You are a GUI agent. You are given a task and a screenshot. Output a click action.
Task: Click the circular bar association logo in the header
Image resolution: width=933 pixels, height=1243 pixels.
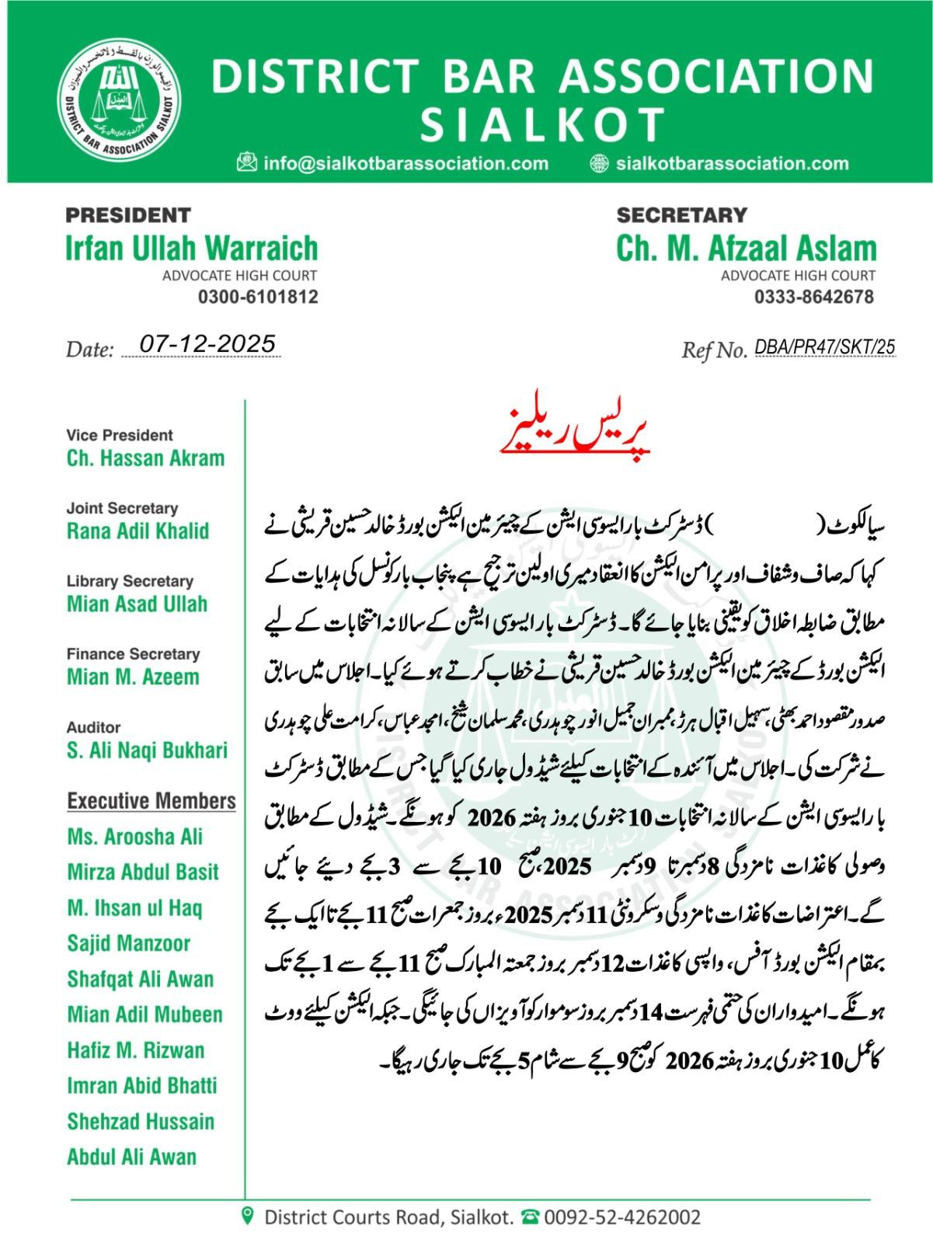point(118,101)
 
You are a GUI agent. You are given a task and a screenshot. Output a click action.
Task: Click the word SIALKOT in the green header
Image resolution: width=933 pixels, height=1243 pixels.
point(543,124)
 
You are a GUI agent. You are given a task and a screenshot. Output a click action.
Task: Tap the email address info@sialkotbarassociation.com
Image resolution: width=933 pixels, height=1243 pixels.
point(406,164)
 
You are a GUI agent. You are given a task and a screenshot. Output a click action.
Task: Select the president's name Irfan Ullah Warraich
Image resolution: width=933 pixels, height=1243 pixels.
point(191,249)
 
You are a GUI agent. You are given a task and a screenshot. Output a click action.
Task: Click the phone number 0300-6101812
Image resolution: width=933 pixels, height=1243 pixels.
point(258,297)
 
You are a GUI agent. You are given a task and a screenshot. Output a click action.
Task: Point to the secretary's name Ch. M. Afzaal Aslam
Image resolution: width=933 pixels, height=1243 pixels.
point(746,249)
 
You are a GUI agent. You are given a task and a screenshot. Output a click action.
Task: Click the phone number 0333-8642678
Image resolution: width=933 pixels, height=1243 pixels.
point(813,297)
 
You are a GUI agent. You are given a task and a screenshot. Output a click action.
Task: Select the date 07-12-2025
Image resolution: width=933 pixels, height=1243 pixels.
point(207,344)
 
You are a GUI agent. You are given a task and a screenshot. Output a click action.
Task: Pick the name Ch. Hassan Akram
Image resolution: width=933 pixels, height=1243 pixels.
point(145,458)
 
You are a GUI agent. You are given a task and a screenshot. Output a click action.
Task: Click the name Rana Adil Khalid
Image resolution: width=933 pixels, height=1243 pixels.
point(138,531)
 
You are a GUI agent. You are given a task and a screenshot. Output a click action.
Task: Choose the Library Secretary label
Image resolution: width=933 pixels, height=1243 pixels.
point(130,581)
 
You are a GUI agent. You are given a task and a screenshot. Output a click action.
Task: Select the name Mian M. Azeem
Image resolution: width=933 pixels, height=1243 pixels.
point(133,677)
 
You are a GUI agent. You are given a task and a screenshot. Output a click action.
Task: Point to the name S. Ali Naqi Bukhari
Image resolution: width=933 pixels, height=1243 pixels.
point(147,750)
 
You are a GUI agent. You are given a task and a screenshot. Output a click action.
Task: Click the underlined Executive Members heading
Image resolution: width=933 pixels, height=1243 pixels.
point(151,801)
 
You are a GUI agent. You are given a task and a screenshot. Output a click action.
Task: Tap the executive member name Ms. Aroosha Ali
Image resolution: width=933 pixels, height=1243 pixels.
point(134,837)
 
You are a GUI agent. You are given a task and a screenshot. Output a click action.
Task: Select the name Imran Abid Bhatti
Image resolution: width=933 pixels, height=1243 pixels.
point(142,1085)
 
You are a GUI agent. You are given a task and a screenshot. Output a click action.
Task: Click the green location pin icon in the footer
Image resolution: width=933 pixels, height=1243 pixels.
point(248,1216)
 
